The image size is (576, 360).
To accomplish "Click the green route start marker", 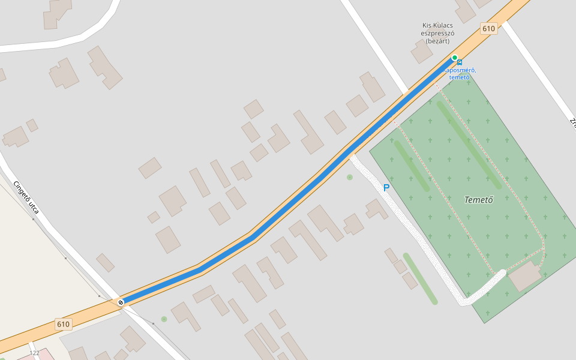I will [455, 58].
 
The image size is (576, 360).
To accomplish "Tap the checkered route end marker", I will [121, 302].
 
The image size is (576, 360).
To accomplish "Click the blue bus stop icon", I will [460, 62].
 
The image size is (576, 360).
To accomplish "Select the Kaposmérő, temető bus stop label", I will [460, 74].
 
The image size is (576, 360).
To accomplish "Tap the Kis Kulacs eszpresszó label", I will [437, 33].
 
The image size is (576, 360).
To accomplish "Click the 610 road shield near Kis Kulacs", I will [488, 29].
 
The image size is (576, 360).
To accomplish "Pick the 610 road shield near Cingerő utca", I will [63, 324].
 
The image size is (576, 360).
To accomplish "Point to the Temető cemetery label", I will [479, 200].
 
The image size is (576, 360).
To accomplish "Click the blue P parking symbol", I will [386, 188].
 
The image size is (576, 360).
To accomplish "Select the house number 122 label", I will [34, 353].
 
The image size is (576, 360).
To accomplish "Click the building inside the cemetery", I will [524, 275].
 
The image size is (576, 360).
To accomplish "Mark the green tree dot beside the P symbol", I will [350, 177].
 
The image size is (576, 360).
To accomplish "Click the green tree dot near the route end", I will [164, 319].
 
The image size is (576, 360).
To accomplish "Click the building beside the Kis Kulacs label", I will [422, 52].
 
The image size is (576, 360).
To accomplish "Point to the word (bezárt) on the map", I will [437, 41].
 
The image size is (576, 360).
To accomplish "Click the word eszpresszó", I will [437, 34].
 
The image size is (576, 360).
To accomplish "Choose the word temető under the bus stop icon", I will [459, 77].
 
